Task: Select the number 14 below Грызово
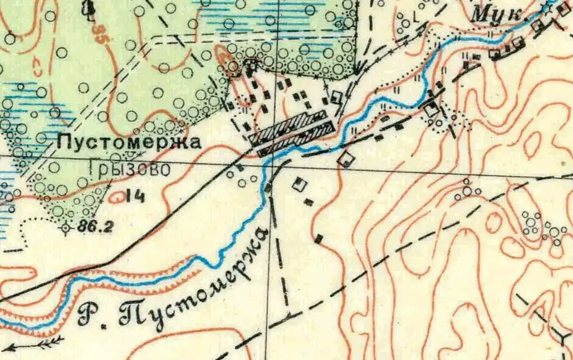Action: [x=137, y=196]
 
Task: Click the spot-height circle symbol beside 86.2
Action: [x=66, y=227]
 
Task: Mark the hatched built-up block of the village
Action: [x=292, y=130]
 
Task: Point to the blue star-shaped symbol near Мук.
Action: [x=547, y=8]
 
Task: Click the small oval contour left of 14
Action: [x=117, y=194]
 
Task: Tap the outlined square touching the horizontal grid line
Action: [x=345, y=159]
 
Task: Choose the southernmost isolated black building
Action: [x=319, y=239]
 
